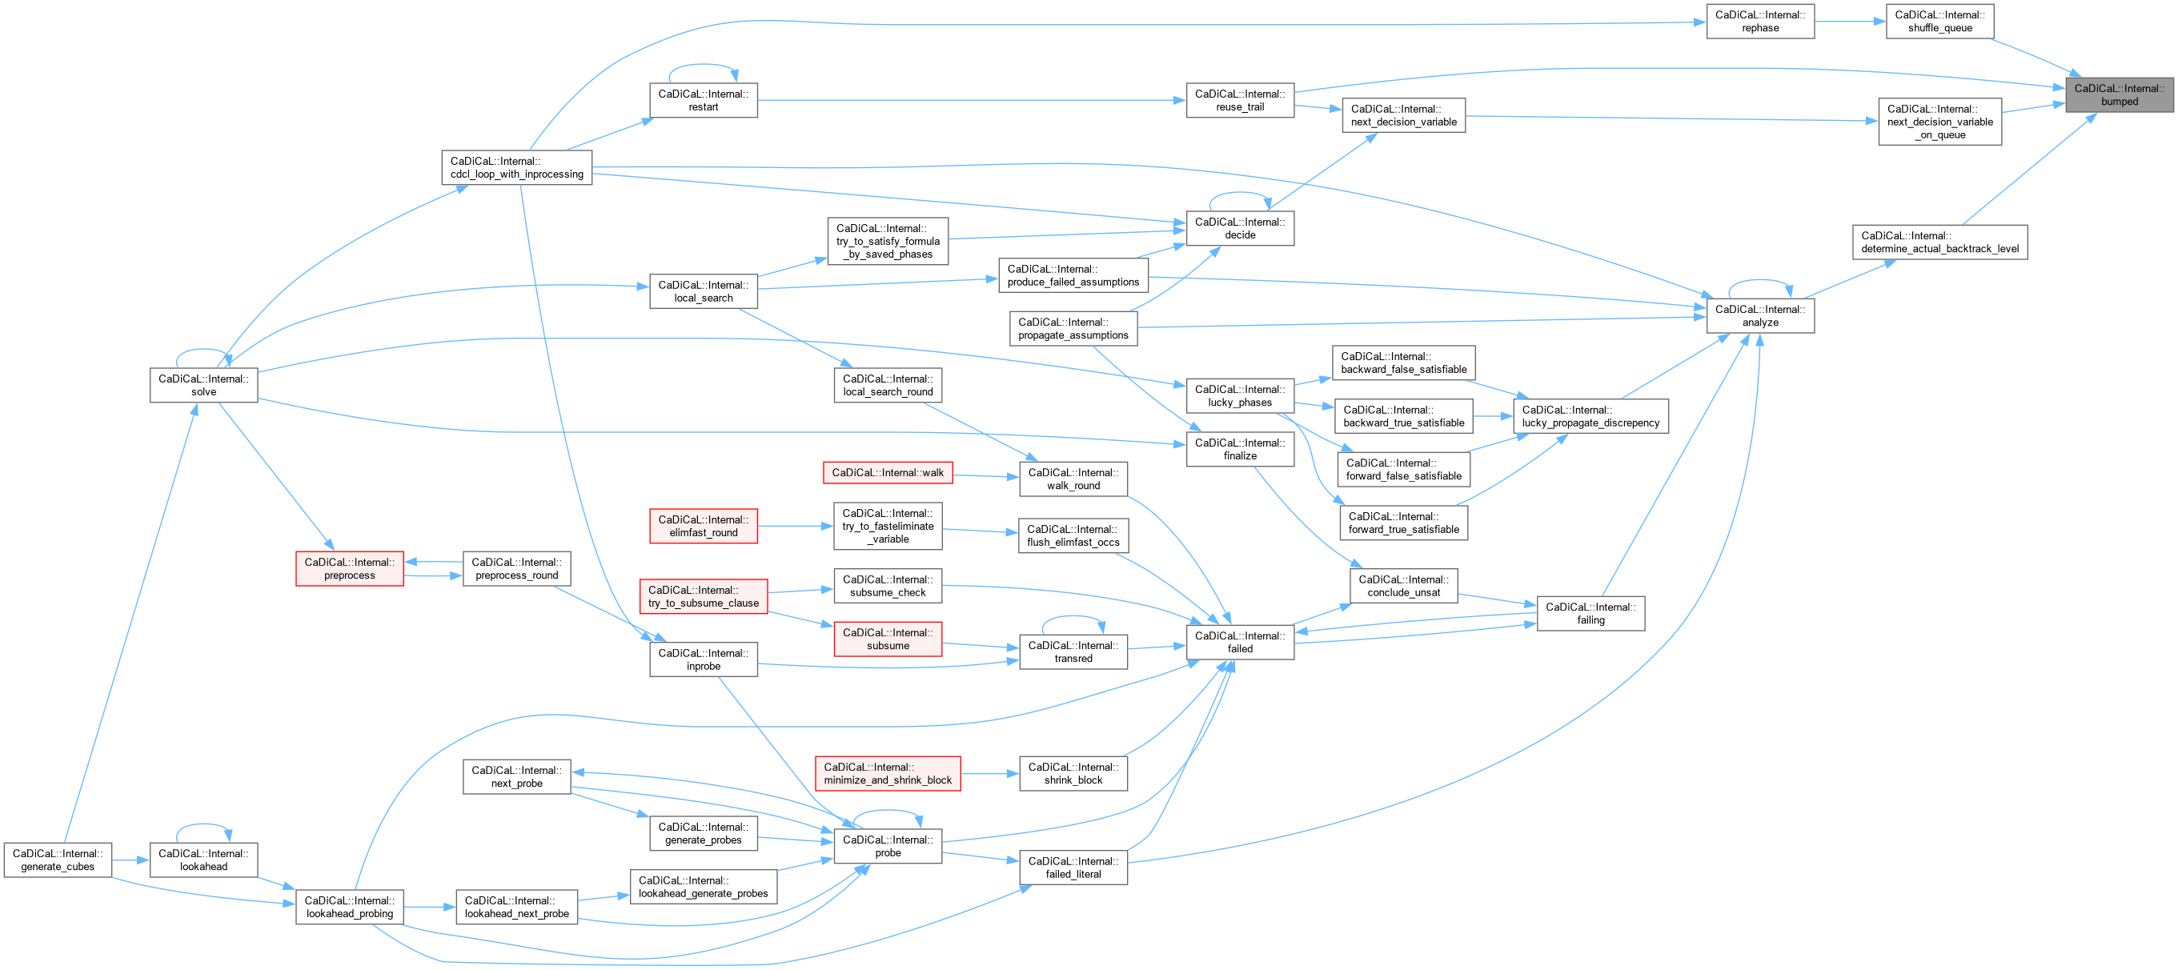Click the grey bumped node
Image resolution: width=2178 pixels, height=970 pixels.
pyautogui.click(x=2119, y=94)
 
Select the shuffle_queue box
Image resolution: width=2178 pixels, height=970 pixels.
pyautogui.click(x=1939, y=21)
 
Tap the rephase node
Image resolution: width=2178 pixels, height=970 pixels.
pyautogui.click(x=1759, y=21)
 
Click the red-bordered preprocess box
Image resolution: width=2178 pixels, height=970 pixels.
pyautogui.click(x=349, y=568)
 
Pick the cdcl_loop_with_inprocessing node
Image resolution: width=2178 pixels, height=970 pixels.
pyautogui.click(x=516, y=167)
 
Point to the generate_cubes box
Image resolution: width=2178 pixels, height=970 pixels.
pyautogui.click(x=58, y=860)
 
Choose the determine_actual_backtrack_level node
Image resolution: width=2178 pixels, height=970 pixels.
pyautogui.click(x=1939, y=242)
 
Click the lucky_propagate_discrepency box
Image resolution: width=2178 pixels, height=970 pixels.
pyautogui.click(x=1590, y=416)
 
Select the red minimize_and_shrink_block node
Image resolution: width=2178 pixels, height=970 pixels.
pyautogui.click(x=888, y=774)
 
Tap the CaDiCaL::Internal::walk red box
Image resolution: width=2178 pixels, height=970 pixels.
pyautogui.click(x=888, y=473)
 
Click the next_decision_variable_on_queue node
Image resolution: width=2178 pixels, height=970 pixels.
pyautogui.click(x=1939, y=122)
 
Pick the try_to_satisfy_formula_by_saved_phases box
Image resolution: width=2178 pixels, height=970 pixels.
pyautogui.click(x=888, y=241)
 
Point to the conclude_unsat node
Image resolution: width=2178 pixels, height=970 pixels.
pyautogui.click(x=1403, y=586)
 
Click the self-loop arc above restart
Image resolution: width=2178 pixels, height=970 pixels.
pyautogui.click(x=704, y=65)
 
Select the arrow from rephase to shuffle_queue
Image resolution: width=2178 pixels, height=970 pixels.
pyautogui.click(x=1850, y=21)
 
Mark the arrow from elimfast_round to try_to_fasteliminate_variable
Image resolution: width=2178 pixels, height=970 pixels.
pyautogui.click(x=796, y=526)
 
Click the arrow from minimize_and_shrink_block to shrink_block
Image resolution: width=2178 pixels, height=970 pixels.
pyautogui.click(x=989, y=774)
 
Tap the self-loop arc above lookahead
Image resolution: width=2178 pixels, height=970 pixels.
pyautogui.click(x=204, y=824)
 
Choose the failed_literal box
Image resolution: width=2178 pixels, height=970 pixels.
pyautogui.click(x=1073, y=868)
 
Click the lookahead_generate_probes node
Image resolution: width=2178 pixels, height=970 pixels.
pyautogui.click(x=703, y=887)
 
